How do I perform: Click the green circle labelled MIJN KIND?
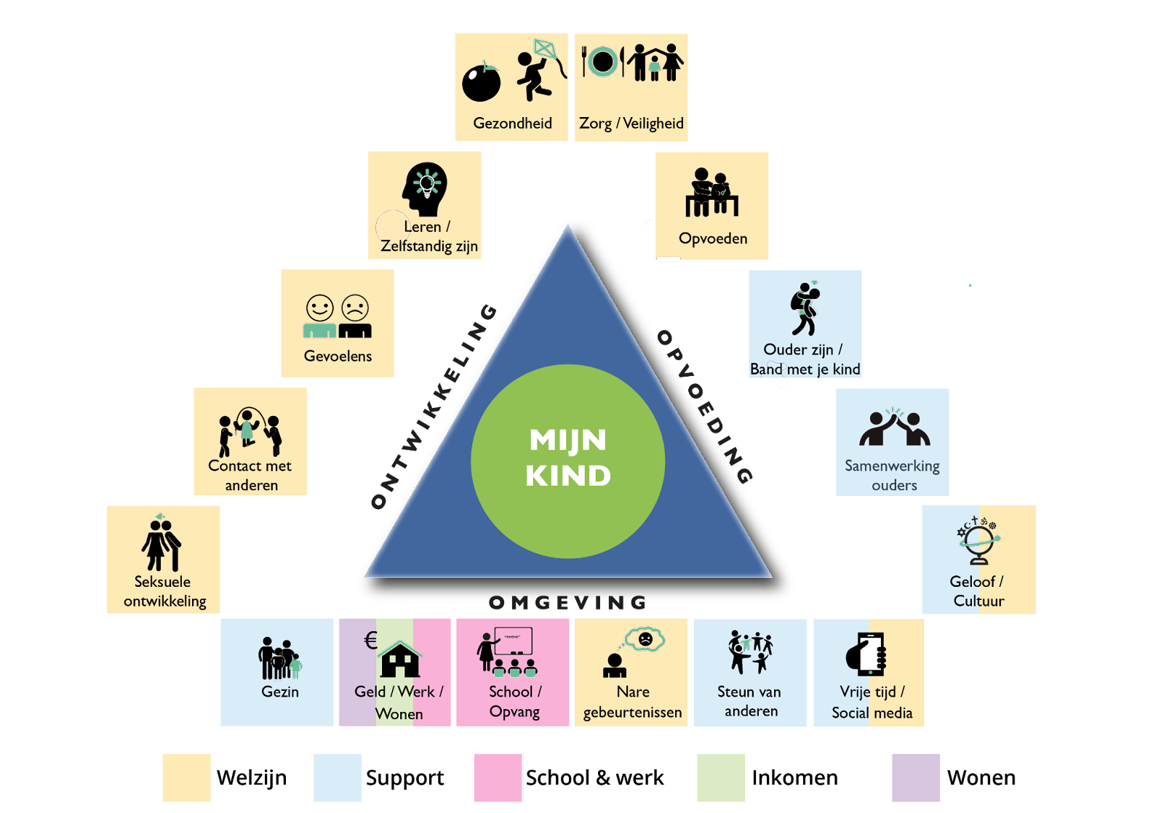567,460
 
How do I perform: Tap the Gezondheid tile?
511,87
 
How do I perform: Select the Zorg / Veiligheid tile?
631,87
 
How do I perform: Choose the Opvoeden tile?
711,205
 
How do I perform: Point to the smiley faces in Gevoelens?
338,308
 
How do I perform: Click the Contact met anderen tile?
250,441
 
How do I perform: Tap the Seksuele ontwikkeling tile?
163,559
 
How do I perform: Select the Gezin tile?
276,672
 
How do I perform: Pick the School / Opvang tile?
512,672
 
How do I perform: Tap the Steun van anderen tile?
749,672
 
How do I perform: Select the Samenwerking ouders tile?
892,441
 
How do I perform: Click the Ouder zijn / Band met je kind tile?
805,324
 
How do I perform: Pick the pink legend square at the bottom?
498,777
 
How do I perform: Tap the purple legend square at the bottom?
916,777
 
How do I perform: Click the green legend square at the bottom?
721,777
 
